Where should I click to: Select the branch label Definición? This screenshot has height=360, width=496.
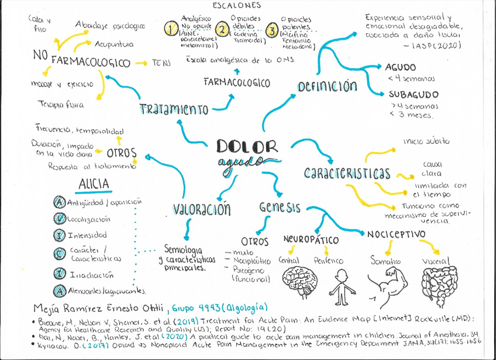coord(327,86)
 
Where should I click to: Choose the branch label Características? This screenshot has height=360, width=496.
coord(347,174)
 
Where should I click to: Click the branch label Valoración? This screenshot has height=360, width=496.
coord(202,209)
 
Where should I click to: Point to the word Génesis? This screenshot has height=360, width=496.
coord(280,207)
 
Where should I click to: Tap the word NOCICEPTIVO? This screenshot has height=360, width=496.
coord(396,234)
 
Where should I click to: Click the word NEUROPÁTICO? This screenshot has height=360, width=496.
coord(311,239)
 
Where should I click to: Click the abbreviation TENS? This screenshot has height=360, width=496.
coord(163,61)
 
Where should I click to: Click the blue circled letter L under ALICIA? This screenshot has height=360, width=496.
coord(58,219)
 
